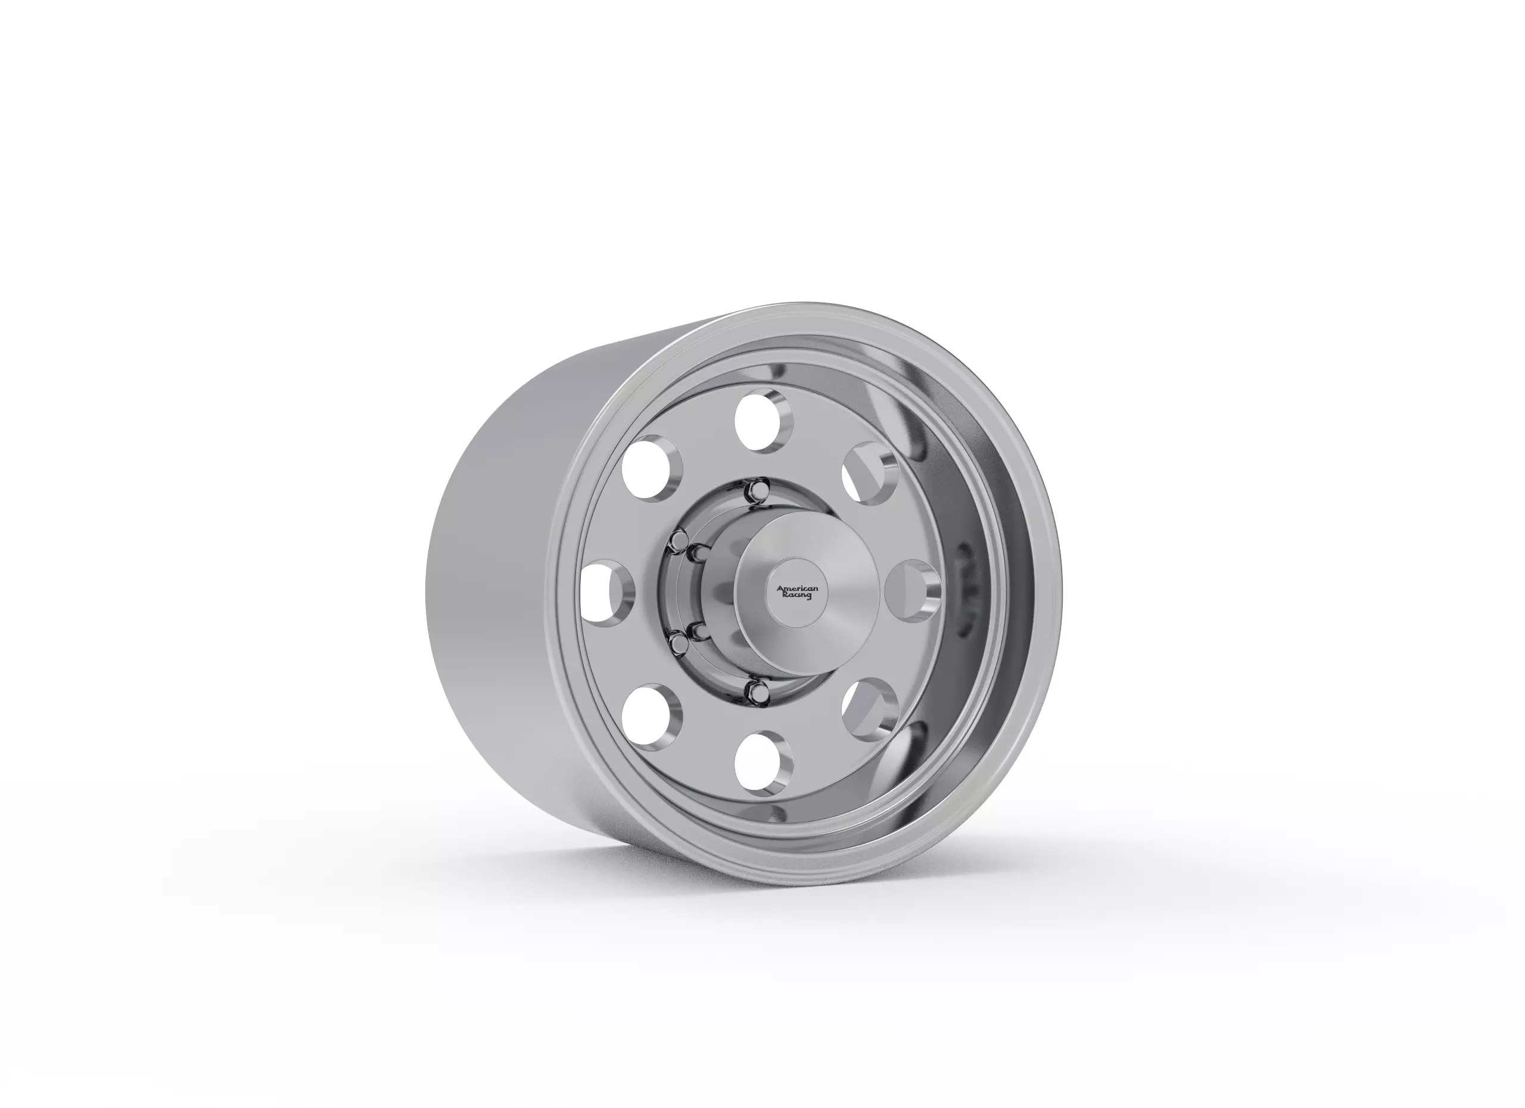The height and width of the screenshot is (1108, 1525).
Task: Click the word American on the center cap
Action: (x=798, y=589)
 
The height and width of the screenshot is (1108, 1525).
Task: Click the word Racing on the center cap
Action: (x=798, y=596)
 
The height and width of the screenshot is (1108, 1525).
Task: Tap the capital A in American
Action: (x=780, y=589)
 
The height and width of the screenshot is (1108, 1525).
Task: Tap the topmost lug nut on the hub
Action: (x=758, y=486)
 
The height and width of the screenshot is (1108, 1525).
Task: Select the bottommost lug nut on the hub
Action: (x=757, y=688)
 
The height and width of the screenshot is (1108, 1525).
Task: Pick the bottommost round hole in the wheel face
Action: (x=763, y=764)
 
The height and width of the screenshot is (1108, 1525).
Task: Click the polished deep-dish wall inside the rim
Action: (x=941, y=471)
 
